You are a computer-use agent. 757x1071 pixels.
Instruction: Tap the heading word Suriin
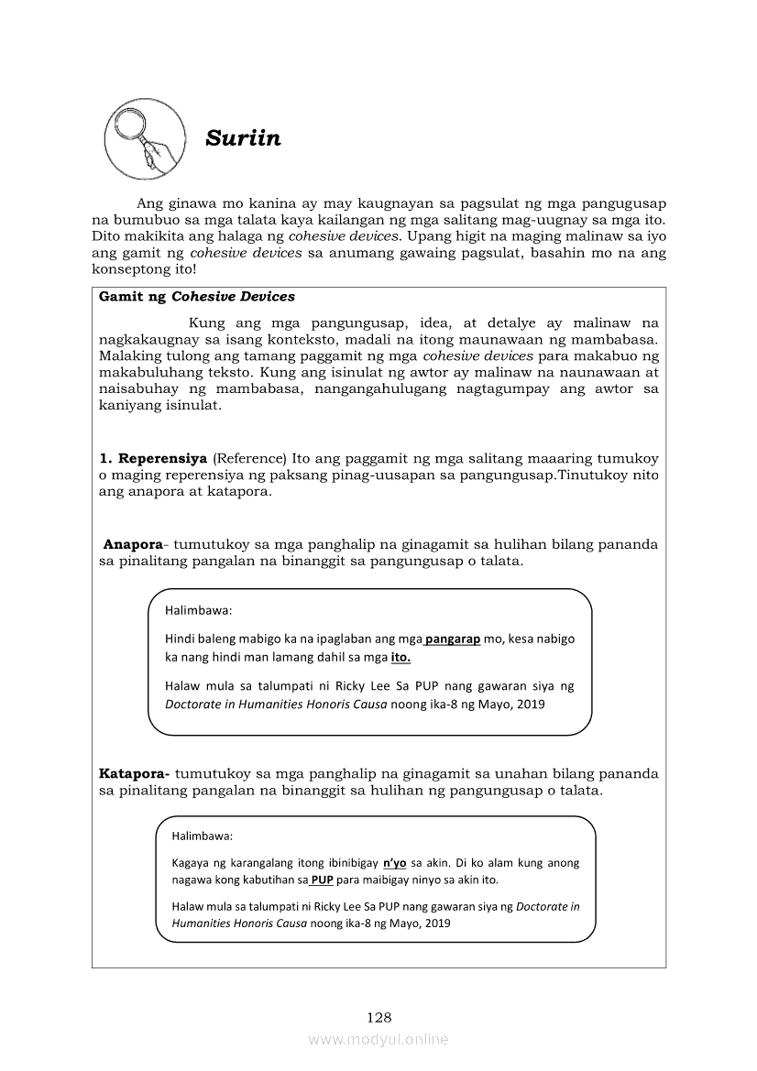pos(243,139)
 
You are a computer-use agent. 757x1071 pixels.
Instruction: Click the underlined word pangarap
pos(453,639)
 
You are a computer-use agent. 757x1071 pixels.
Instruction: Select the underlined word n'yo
pos(394,863)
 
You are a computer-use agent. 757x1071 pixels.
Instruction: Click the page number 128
pos(378,1017)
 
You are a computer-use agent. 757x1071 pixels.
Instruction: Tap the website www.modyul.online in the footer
pos(378,1039)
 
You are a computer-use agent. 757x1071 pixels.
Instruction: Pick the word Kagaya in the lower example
pos(191,863)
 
